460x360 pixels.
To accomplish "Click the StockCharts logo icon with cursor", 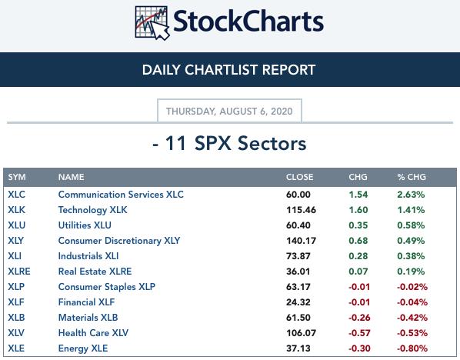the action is tap(152, 23).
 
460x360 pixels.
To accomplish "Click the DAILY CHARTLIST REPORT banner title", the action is tap(228, 70).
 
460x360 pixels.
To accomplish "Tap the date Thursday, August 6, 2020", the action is tap(229, 112).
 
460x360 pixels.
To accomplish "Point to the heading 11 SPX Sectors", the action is tap(229, 143).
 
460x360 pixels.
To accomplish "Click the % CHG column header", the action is tap(412, 177).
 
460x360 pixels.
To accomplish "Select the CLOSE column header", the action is tap(299, 177).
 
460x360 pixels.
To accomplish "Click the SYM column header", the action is tap(17, 177).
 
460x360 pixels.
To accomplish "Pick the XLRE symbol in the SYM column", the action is tap(19, 272).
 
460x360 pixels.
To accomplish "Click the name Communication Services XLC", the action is tap(121, 195).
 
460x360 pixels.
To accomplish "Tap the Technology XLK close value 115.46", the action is tap(301, 210).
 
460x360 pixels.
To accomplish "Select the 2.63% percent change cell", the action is tap(411, 195).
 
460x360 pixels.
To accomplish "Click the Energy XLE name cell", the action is tap(83, 348).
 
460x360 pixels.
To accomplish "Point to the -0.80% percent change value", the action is tap(412, 348).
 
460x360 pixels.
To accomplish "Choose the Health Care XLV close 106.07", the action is tap(301, 333).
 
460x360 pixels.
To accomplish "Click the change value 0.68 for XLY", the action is tap(358, 241).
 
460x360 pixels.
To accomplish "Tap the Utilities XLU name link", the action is tap(85, 225).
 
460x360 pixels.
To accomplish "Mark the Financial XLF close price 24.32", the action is tap(298, 302).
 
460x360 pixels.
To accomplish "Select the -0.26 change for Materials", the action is tap(359, 318).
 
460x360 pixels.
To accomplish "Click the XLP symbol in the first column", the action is tap(16, 287).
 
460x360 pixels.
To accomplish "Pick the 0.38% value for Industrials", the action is tap(411, 256).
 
